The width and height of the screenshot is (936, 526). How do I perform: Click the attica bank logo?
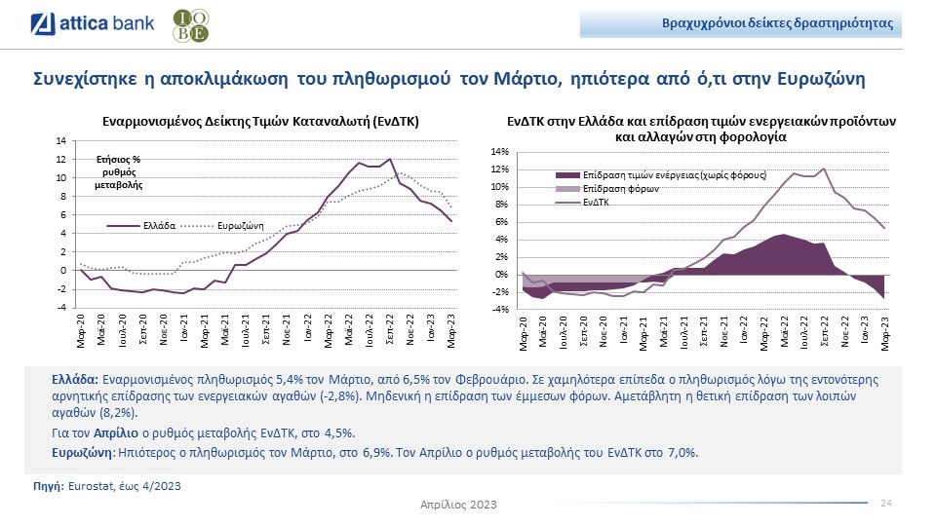coord(93,24)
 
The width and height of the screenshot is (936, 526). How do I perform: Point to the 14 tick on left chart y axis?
coord(61,141)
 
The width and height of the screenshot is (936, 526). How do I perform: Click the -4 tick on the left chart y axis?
coord(61,308)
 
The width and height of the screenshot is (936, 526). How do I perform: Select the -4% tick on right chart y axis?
coord(501,310)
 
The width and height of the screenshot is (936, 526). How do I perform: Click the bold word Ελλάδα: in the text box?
coord(75,379)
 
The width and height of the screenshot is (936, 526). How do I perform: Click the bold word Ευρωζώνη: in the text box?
coord(84,453)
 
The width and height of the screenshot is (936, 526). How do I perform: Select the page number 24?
coord(886,503)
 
